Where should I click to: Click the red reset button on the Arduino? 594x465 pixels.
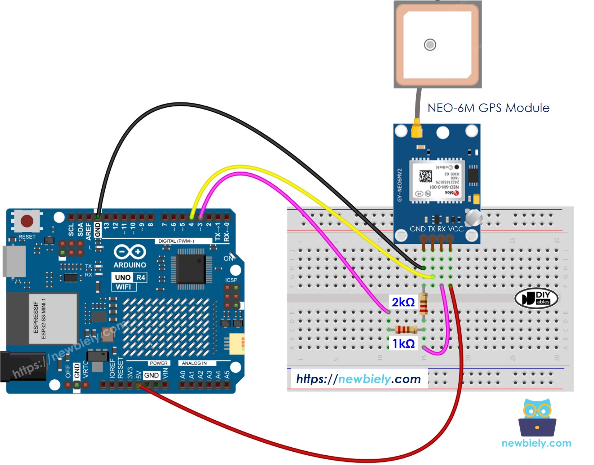(27, 221)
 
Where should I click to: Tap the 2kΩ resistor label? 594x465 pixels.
(403, 302)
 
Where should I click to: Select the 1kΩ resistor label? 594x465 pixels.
(404, 344)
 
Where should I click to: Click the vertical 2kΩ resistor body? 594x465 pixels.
(424, 304)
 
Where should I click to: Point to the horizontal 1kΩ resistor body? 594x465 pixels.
(406, 329)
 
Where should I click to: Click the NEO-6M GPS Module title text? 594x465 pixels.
(488, 108)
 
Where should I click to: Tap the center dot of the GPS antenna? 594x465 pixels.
(430, 45)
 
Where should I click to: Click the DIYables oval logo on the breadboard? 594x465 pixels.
(536, 298)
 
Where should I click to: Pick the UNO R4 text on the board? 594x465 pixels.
(129, 277)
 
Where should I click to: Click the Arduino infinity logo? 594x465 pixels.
(130, 252)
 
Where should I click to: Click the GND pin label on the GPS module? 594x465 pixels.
(418, 229)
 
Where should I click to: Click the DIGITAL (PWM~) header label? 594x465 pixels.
(176, 241)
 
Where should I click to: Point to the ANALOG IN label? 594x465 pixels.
(194, 363)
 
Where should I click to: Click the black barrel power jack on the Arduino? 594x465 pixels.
(22, 367)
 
